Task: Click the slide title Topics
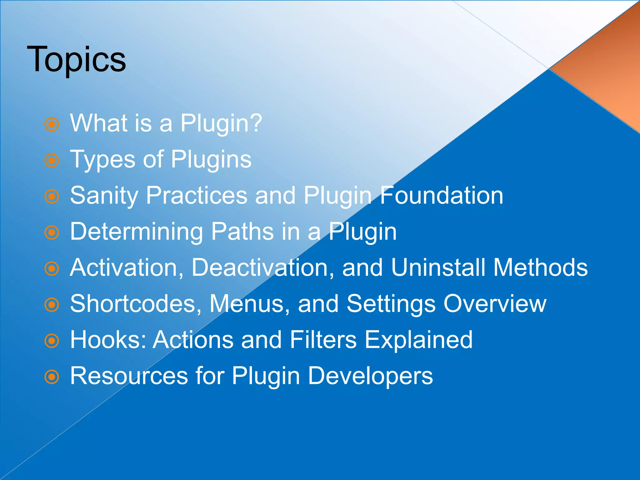[76, 59]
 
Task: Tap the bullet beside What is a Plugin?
[52, 124]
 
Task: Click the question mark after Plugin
[256, 123]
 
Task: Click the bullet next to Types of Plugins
[52, 161]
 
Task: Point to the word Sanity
[104, 196]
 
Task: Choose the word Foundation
[442, 195]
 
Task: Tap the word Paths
[242, 232]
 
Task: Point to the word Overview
[495, 303]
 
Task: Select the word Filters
[323, 340]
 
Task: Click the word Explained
[419, 340]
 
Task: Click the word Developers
[370, 376]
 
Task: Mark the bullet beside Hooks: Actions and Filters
[52, 341]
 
